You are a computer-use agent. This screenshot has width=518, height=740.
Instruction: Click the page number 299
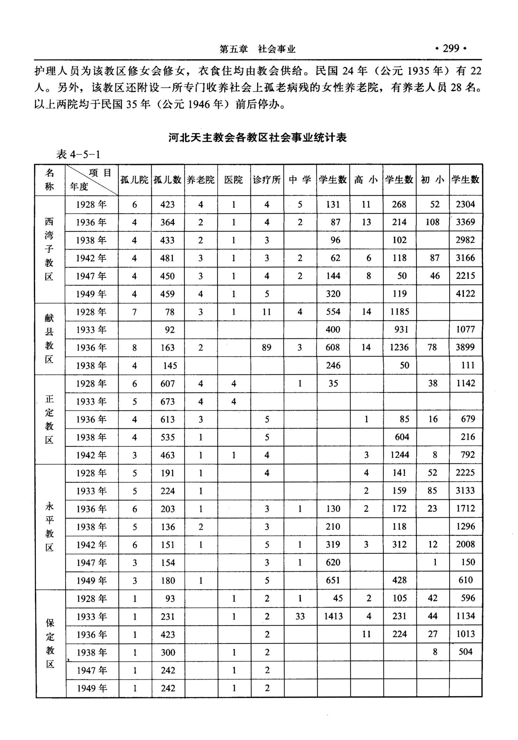[451, 49]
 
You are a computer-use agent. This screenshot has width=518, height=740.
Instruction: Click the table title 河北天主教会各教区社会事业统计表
[258, 137]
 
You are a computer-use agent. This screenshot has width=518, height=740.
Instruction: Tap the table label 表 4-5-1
[78, 154]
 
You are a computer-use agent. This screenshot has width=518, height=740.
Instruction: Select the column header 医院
[234, 180]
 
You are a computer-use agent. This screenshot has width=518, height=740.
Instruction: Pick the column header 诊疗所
[267, 180]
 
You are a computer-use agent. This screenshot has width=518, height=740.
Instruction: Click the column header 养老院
[201, 180]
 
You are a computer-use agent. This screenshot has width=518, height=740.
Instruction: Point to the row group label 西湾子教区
[49, 249]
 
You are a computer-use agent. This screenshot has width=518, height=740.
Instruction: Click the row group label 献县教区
[49, 339]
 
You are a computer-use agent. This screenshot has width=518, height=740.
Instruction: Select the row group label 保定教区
[50, 643]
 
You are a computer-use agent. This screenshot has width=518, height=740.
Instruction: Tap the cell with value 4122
[465, 294]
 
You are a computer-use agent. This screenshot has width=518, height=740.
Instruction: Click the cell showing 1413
[333, 616]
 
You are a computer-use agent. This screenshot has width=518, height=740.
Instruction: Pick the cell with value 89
[267, 347]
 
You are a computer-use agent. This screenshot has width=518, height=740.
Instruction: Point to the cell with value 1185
[400, 312]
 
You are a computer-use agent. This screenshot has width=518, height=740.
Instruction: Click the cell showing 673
[167, 401]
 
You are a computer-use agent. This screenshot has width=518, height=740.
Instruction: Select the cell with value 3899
[465, 347]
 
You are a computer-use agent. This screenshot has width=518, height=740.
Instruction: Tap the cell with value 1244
[400, 455]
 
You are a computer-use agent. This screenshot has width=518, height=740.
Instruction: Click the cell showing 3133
[465, 491]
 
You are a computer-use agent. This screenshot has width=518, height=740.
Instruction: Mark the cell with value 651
[333, 580]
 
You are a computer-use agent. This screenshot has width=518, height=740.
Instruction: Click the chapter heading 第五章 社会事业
[258, 49]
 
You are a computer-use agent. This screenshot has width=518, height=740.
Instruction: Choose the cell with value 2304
[465, 204]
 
